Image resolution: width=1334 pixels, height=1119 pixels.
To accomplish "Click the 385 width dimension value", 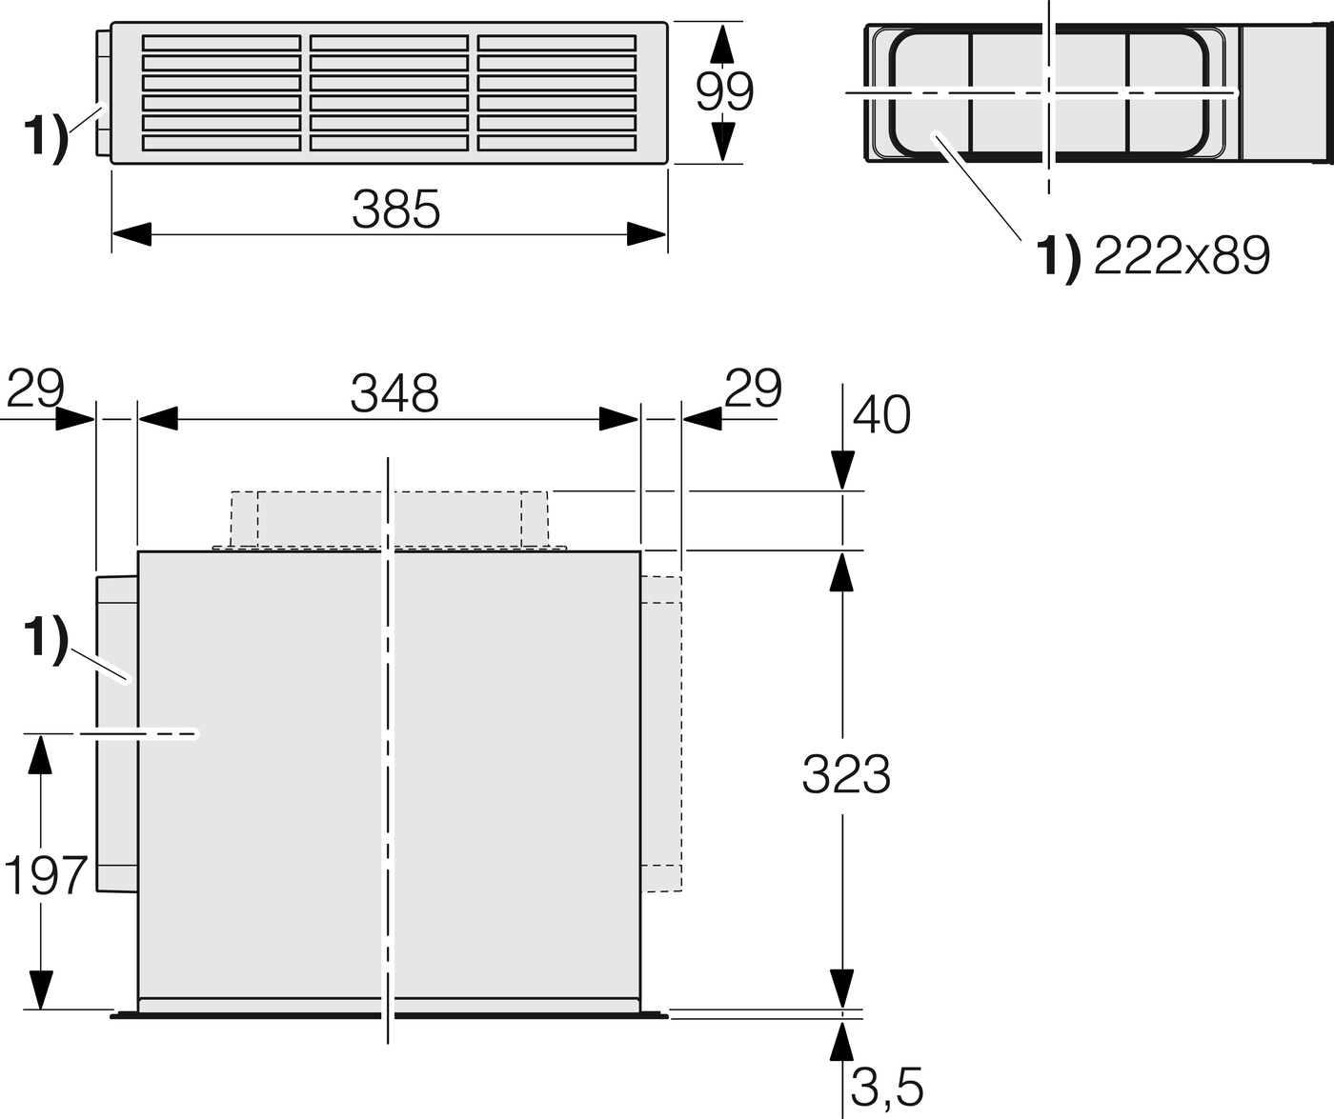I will pyautogui.click(x=395, y=210).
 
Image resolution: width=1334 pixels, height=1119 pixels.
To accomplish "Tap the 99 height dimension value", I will pyautogui.click(x=724, y=91).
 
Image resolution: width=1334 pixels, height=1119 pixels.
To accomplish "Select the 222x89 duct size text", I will pyautogui.click(x=1182, y=255).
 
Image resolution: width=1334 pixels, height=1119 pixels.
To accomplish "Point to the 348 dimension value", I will pyautogui.click(x=394, y=392).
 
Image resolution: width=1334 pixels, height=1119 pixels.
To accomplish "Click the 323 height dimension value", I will pyautogui.click(x=845, y=774).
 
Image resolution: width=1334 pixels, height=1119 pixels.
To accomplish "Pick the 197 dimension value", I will pyautogui.click(x=46, y=875).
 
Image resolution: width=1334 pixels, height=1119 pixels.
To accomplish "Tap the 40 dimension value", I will pyautogui.click(x=881, y=414).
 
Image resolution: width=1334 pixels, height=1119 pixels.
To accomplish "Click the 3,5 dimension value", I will pyautogui.click(x=886, y=1087).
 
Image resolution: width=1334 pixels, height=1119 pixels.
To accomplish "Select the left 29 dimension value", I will pyautogui.click(x=35, y=389).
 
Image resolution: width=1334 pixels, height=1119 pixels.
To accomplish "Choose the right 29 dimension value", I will pyautogui.click(x=753, y=389).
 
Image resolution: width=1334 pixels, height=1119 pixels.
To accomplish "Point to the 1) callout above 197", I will pyautogui.click(x=45, y=639).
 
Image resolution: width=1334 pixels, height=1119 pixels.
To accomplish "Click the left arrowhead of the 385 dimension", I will pyautogui.click(x=131, y=234).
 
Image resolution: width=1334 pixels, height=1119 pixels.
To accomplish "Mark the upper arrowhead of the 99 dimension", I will pyautogui.click(x=724, y=44).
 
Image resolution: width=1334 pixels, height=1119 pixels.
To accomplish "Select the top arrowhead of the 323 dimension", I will pyautogui.click(x=841, y=569).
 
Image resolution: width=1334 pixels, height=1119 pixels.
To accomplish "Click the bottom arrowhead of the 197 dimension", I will pyautogui.click(x=40, y=990).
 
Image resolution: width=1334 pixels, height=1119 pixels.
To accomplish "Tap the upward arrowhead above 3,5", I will pyautogui.click(x=841, y=1043).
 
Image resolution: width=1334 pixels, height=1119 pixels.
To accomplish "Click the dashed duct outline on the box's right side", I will pyautogui.click(x=662, y=733).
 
